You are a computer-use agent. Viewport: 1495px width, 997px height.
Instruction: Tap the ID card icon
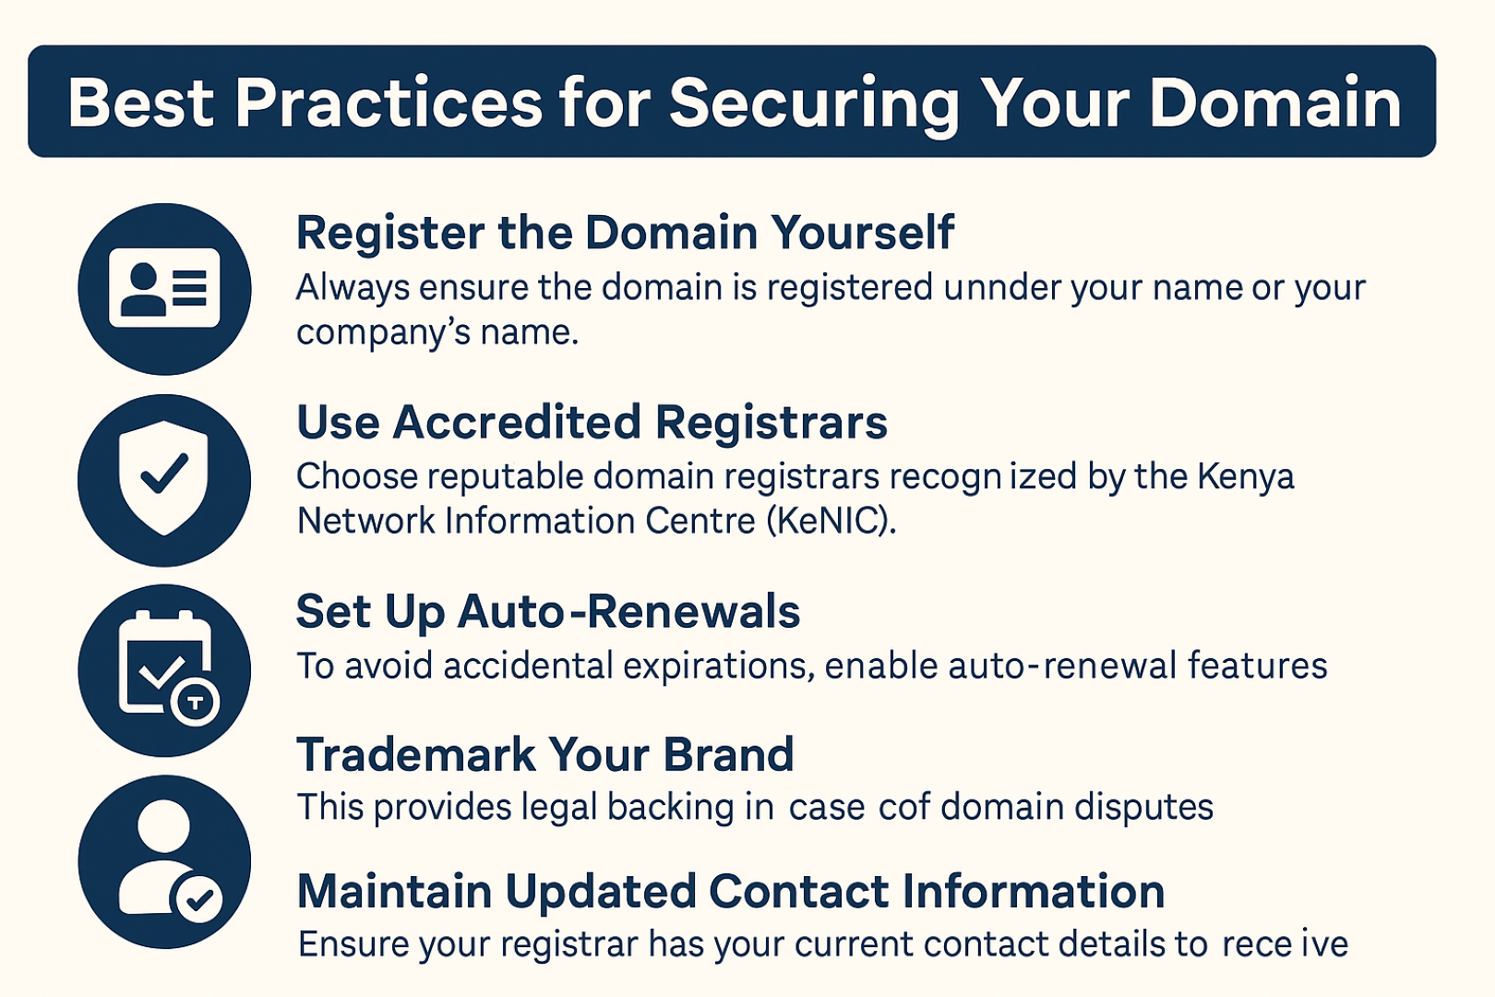tap(164, 288)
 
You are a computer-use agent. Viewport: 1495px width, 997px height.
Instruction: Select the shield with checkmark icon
tap(163, 477)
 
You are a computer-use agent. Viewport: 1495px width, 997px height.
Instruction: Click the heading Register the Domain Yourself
tap(625, 234)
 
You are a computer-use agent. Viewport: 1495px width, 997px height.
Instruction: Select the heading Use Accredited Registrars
tap(592, 423)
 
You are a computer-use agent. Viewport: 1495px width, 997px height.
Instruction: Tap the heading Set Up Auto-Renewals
tap(547, 612)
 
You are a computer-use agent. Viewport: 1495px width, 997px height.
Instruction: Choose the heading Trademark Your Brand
tap(544, 754)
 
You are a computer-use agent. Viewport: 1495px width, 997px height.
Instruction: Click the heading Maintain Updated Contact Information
tap(730, 892)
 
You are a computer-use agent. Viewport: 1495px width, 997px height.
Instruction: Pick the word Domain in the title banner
tap(1274, 103)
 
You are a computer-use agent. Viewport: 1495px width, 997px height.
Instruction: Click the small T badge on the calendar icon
tap(195, 703)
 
